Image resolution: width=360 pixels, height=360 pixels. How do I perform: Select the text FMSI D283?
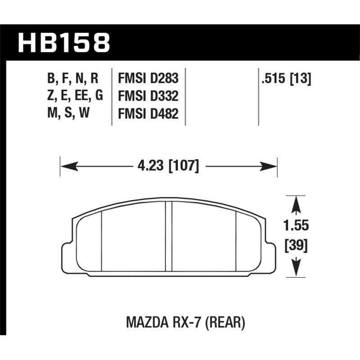[148, 79]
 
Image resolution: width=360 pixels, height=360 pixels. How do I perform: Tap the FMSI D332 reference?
[148, 97]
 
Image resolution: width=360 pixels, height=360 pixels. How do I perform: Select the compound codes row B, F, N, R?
[72, 79]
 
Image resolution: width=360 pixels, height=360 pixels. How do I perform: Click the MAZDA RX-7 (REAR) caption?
[179, 323]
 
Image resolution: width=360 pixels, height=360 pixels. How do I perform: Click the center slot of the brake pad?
[169, 236]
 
